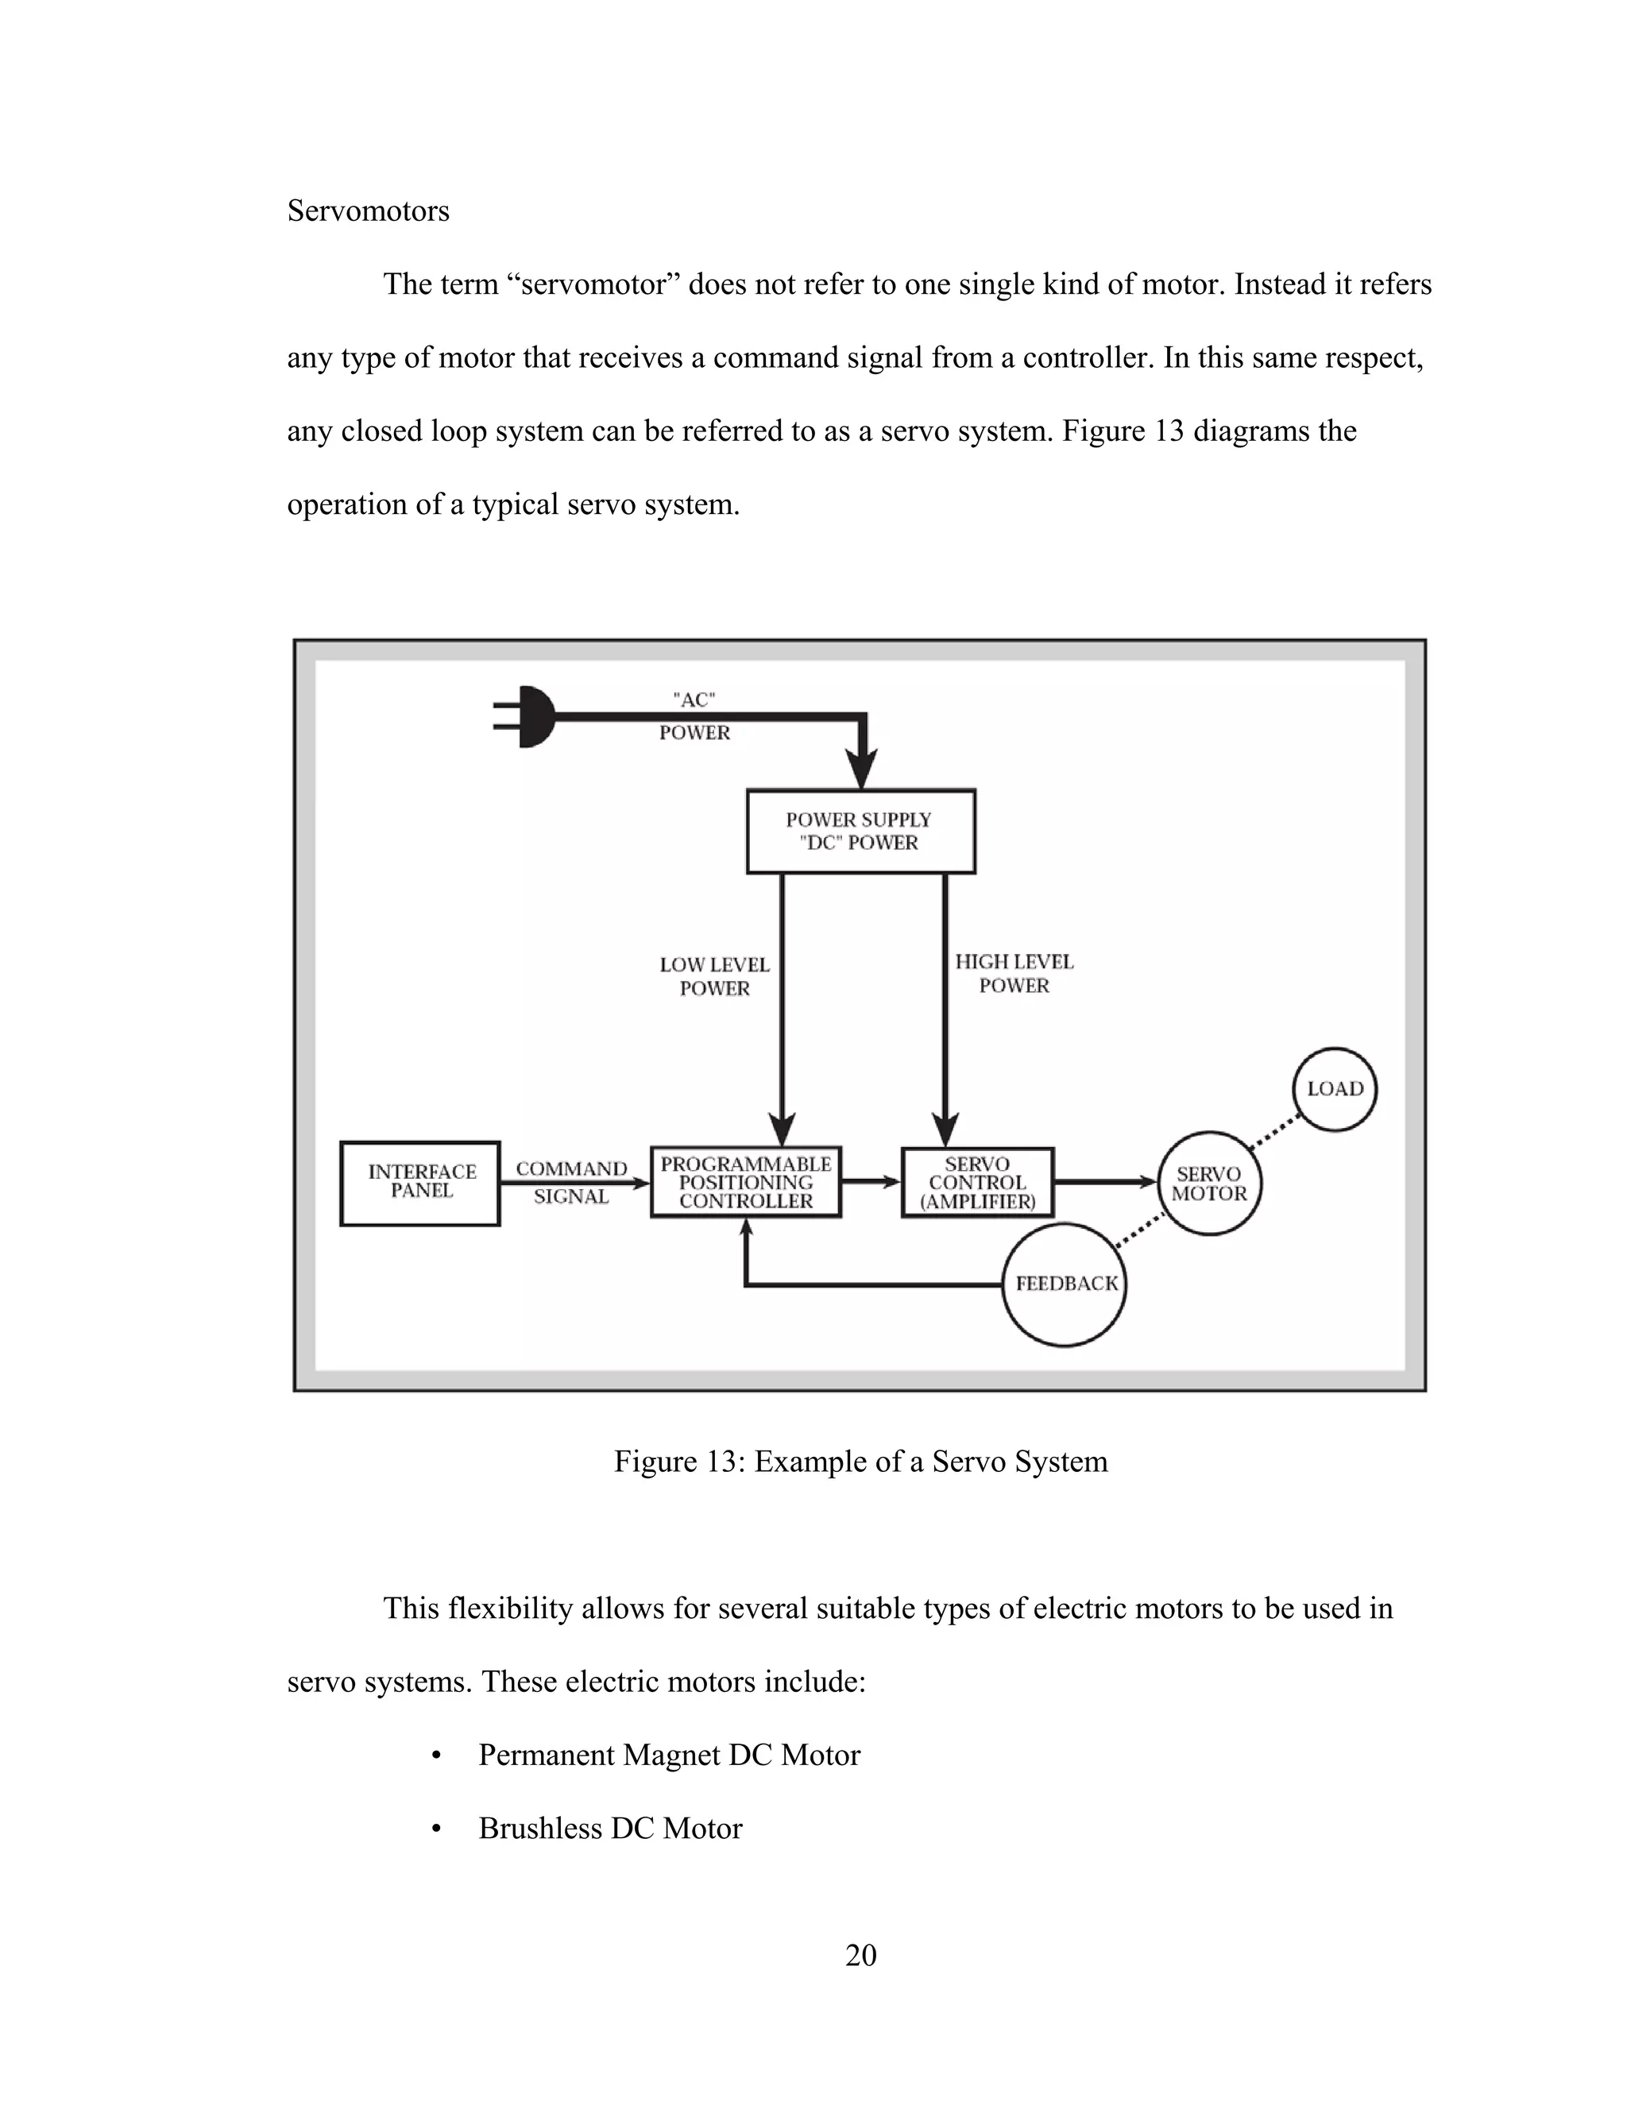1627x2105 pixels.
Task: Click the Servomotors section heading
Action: [368, 211]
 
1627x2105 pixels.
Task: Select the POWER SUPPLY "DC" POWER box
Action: [860, 831]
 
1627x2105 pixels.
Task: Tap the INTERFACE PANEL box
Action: [420, 1183]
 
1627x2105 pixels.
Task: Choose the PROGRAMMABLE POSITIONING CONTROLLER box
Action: [745, 1183]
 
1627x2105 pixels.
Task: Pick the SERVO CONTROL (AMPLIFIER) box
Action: [977, 1183]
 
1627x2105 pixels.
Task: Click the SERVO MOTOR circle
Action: [1208, 1184]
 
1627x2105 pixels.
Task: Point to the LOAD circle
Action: [1334, 1089]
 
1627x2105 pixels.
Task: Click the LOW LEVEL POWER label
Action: [714, 976]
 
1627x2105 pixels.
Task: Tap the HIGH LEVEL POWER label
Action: [1014, 974]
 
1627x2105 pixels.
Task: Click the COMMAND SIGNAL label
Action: [571, 1183]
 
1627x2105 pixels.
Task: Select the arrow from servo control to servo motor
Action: [1104, 1182]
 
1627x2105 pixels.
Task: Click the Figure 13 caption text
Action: [860, 1461]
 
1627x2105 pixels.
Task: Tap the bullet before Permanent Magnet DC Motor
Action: [437, 1756]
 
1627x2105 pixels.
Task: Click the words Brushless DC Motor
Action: [610, 1829]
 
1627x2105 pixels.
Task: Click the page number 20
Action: [860, 1955]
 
